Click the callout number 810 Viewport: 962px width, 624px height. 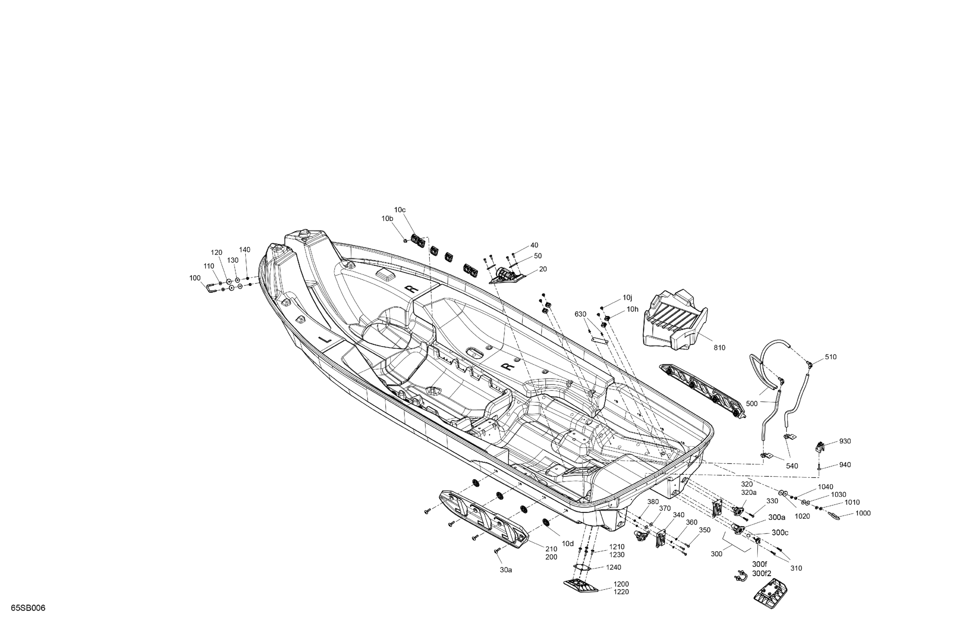719,347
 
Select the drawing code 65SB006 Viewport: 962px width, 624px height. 28,608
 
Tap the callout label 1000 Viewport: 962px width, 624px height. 863,513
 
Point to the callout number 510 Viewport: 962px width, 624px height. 831,357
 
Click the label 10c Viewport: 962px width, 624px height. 400,210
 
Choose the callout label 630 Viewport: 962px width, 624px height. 580,314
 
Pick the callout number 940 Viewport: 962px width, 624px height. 845,465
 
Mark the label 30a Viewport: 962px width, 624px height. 506,570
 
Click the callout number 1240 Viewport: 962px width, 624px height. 613,567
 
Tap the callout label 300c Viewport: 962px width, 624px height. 780,533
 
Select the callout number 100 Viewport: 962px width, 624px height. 195,278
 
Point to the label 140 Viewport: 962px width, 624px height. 245,250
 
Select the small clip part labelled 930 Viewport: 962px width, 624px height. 818,446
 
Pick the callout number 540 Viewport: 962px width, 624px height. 792,466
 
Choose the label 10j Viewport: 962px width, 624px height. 627,298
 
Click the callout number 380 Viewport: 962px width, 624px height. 653,502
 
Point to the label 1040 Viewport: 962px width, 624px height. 826,487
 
